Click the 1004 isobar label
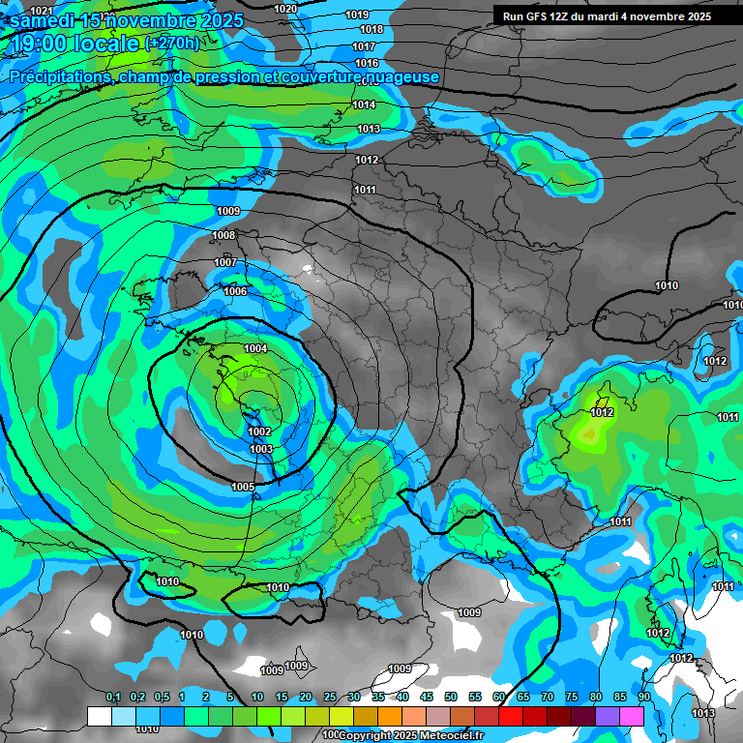[255, 348]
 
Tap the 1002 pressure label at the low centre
[260, 431]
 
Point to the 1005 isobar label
[243, 487]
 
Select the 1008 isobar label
[223, 235]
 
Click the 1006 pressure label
[235, 291]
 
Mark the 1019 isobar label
[357, 15]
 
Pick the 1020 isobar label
[285, 9]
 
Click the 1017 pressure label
[365, 46]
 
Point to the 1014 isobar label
[365, 104]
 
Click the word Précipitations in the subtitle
[58, 76]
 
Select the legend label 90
[644, 697]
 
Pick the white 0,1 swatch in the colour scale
[99, 716]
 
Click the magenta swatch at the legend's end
[632, 716]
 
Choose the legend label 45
[427, 697]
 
